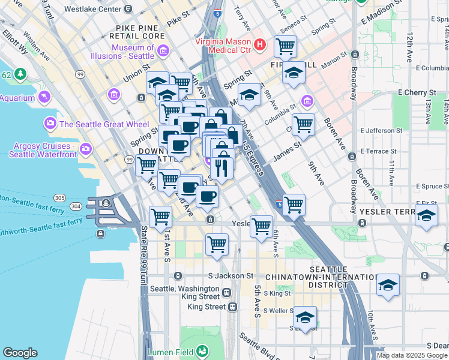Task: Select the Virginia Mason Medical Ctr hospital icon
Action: [259, 44]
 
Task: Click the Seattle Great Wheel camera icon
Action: [50, 124]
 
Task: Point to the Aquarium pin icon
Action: [44, 97]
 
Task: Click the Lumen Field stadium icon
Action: [202, 350]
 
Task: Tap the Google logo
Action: [20, 353]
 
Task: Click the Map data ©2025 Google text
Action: [412, 355]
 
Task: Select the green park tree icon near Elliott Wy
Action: [20, 74]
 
